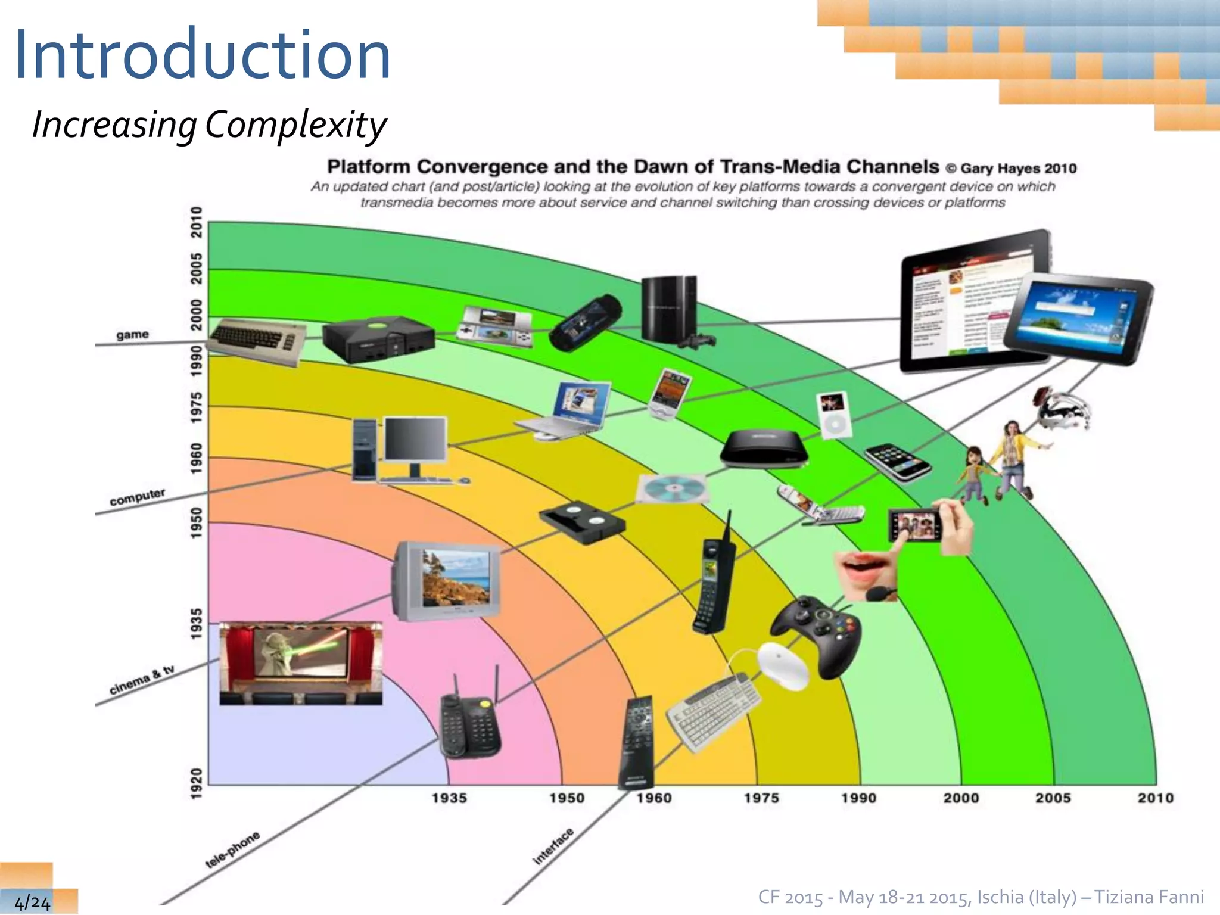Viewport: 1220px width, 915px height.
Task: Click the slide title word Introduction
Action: [x=203, y=55]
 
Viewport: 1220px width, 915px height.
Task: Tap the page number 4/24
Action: [x=32, y=902]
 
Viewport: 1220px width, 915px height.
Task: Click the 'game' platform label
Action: [x=132, y=335]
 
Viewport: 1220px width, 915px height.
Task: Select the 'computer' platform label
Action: [x=137, y=497]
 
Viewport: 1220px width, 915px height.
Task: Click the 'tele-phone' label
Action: [x=232, y=849]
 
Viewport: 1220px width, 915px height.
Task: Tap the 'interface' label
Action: [x=553, y=846]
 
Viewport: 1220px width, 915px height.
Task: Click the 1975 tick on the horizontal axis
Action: [x=761, y=798]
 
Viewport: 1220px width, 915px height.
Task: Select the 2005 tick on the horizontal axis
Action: [x=1053, y=798]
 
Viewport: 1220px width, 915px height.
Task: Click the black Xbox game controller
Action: [x=816, y=634]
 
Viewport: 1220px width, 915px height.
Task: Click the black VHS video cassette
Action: [x=582, y=522]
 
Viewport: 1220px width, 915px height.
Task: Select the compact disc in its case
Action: [x=673, y=489]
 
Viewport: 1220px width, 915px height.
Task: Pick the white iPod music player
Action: [x=833, y=415]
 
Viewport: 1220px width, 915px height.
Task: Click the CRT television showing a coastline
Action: [x=447, y=581]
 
